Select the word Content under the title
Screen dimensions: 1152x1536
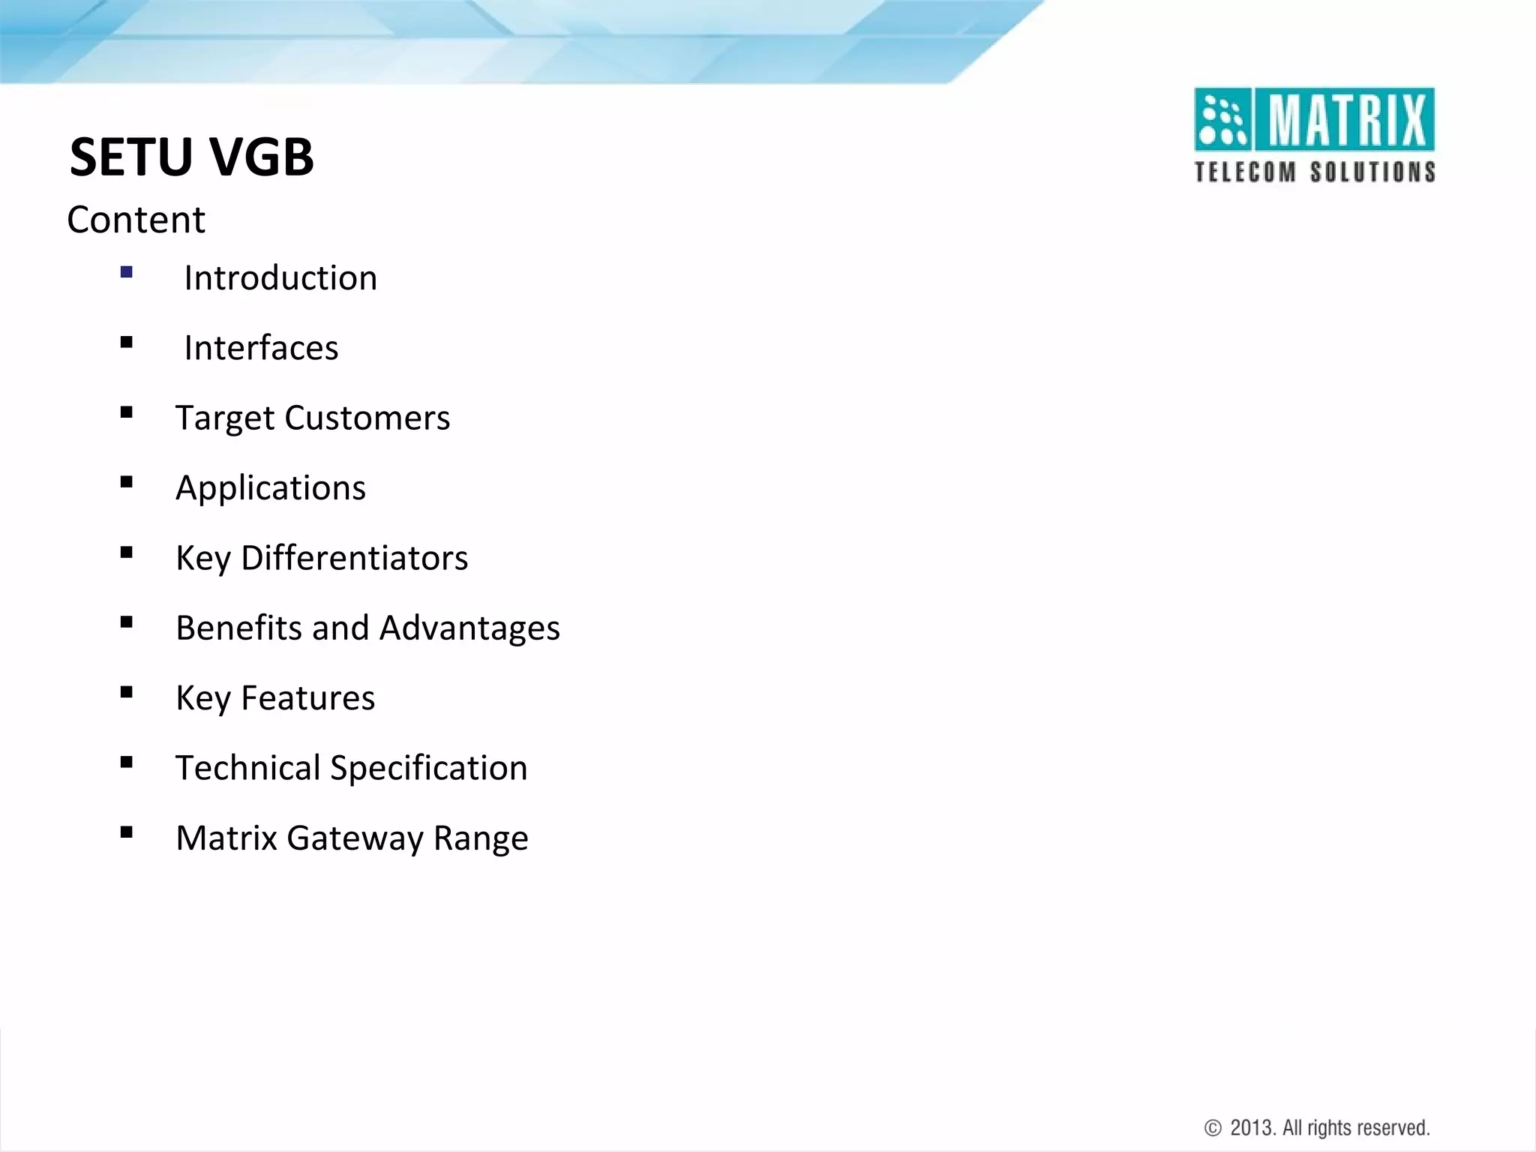(x=136, y=220)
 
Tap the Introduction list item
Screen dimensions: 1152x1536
(x=280, y=278)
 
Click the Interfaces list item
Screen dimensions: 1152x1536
(x=261, y=348)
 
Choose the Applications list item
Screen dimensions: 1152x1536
(x=271, y=488)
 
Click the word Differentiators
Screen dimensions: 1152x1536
(x=354, y=558)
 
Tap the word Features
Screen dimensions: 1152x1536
(x=307, y=698)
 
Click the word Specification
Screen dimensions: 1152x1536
(x=428, y=768)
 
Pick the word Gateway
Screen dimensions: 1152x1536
(x=355, y=838)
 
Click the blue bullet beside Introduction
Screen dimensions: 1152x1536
(x=126, y=272)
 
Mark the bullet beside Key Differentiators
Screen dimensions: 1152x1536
(x=126, y=553)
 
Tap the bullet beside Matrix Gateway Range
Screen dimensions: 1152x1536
(x=126, y=832)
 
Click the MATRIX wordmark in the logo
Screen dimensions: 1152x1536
(x=1347, y=120)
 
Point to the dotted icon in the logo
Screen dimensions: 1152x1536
(x=1222, y=120)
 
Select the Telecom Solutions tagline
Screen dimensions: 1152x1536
(x=1315, y=172)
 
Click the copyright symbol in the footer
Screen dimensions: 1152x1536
(x=1213, y=1128)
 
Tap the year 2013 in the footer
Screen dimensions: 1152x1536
(x=1252, y=1128)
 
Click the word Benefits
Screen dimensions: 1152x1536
(x=238, y=628)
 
